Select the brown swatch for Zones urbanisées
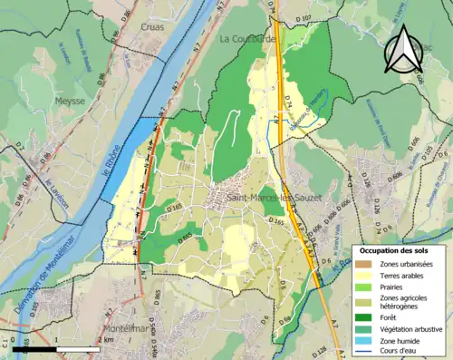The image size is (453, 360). click(365, 263)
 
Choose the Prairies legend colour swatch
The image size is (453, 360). click(365, 286)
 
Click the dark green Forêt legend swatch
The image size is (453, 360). click(365, 316)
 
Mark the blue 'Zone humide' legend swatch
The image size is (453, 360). click(365, 338)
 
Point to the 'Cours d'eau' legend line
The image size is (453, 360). click(365, 349)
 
